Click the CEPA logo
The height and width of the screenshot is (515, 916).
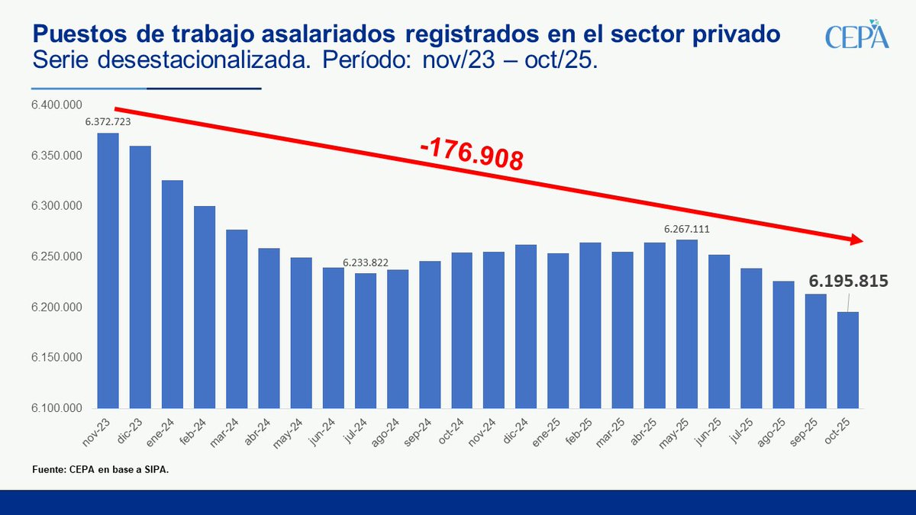coord(856,37)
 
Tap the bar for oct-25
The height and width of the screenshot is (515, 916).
coord(848,359)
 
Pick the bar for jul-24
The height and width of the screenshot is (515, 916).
coord(365,340)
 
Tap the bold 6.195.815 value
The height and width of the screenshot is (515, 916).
coord(848,282)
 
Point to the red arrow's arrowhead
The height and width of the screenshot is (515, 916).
coord(855,240)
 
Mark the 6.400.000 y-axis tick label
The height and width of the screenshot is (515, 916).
coord(56,105)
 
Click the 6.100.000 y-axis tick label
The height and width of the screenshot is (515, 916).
coord(56,408)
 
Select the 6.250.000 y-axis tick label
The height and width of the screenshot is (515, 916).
coord(56,257)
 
